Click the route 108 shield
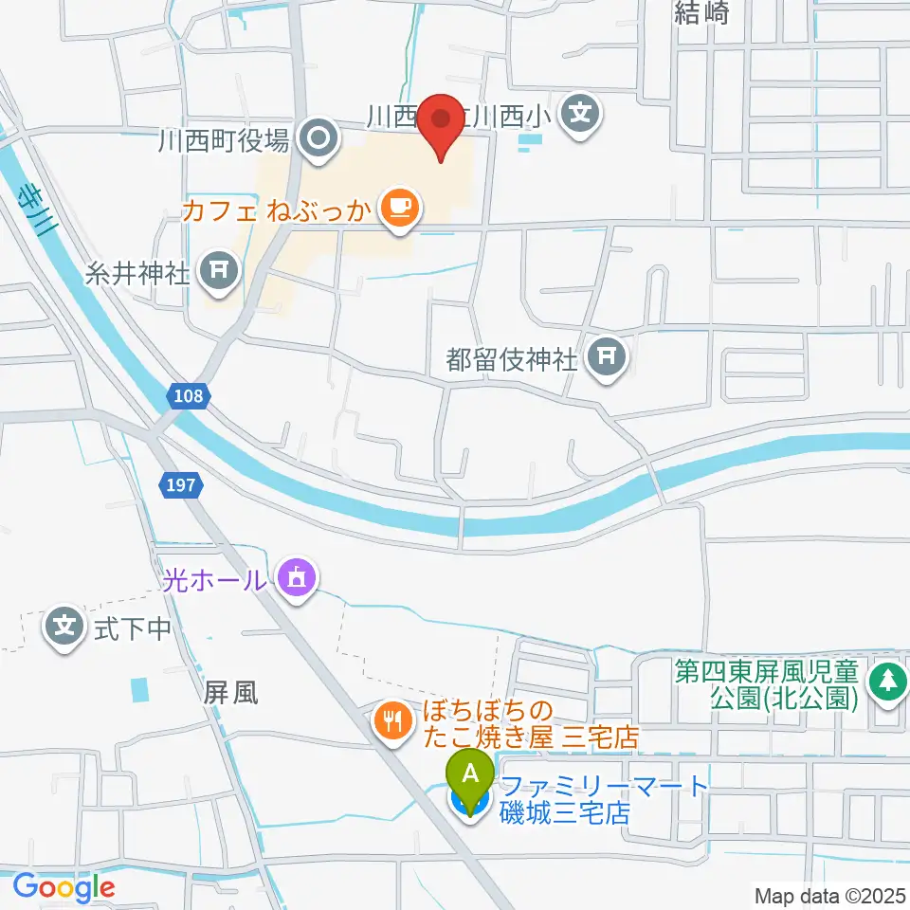point(188,396)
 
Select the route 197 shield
point(180,485)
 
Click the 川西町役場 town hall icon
point(318,141)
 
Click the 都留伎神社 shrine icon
point(608,357)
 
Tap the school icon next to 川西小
point(579,116)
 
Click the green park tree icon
point(888,680)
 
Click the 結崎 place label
point(701,12)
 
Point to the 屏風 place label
point(230,693)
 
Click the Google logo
point(64,887)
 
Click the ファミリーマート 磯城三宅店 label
point(604,798)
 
